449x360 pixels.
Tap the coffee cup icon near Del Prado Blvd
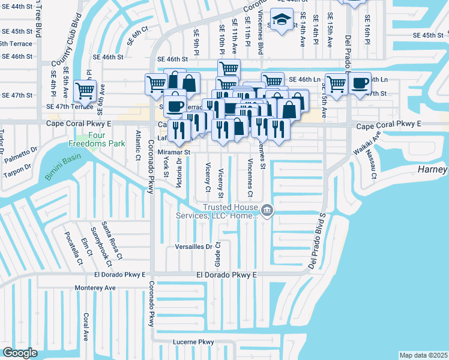[x=360, y=83]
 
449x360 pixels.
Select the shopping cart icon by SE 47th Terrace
[x=85, y=91]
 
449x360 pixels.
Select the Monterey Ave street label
[x=95, y=288]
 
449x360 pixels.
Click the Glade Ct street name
[x=218, y=255]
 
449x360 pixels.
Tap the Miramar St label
[x=173, y=152]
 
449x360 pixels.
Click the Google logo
[x=20, y=353]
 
